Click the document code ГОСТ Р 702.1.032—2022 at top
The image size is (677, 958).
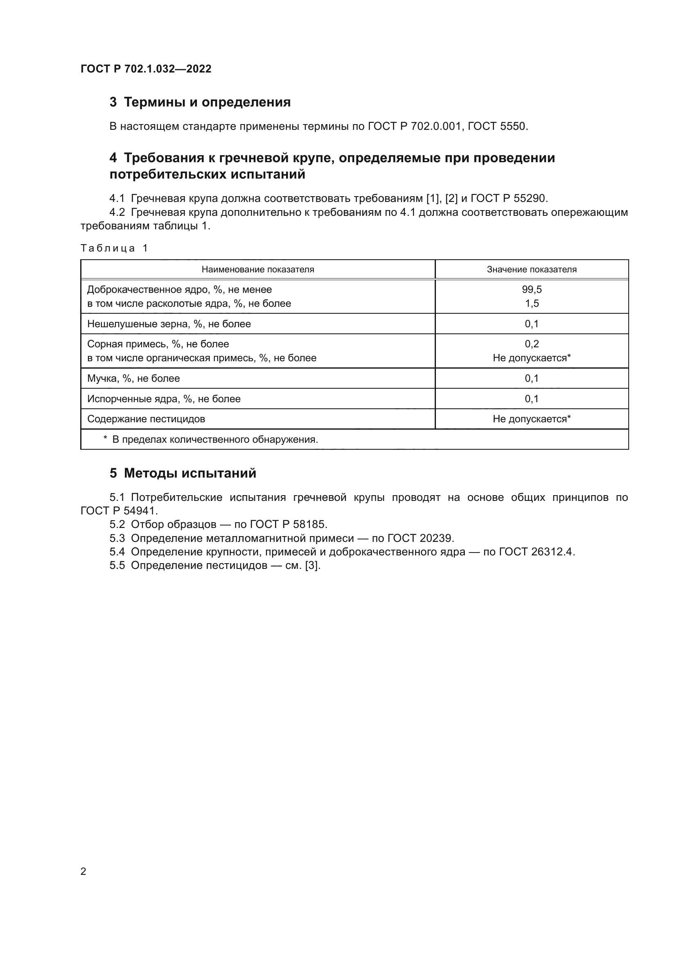pos(146,69)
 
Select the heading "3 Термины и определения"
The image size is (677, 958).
pos(200,102)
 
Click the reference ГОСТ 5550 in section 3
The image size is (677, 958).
pos(497,126)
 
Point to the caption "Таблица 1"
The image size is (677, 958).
pos(114,248)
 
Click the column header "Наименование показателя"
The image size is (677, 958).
pos(257,270)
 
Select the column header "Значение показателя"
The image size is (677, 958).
pos(532,270)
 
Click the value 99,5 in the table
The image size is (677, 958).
pos(532,290)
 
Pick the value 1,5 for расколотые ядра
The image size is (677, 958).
pos(532,303)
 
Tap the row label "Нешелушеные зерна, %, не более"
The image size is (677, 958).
pos(169,324)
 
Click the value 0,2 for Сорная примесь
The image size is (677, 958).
pos(532,344)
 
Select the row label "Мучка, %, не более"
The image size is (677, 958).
pos(133,378)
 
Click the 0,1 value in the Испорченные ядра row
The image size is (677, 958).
pos(532,399)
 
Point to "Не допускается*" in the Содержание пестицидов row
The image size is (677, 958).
pos(532,419)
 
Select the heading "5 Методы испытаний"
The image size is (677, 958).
pos(183,473)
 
